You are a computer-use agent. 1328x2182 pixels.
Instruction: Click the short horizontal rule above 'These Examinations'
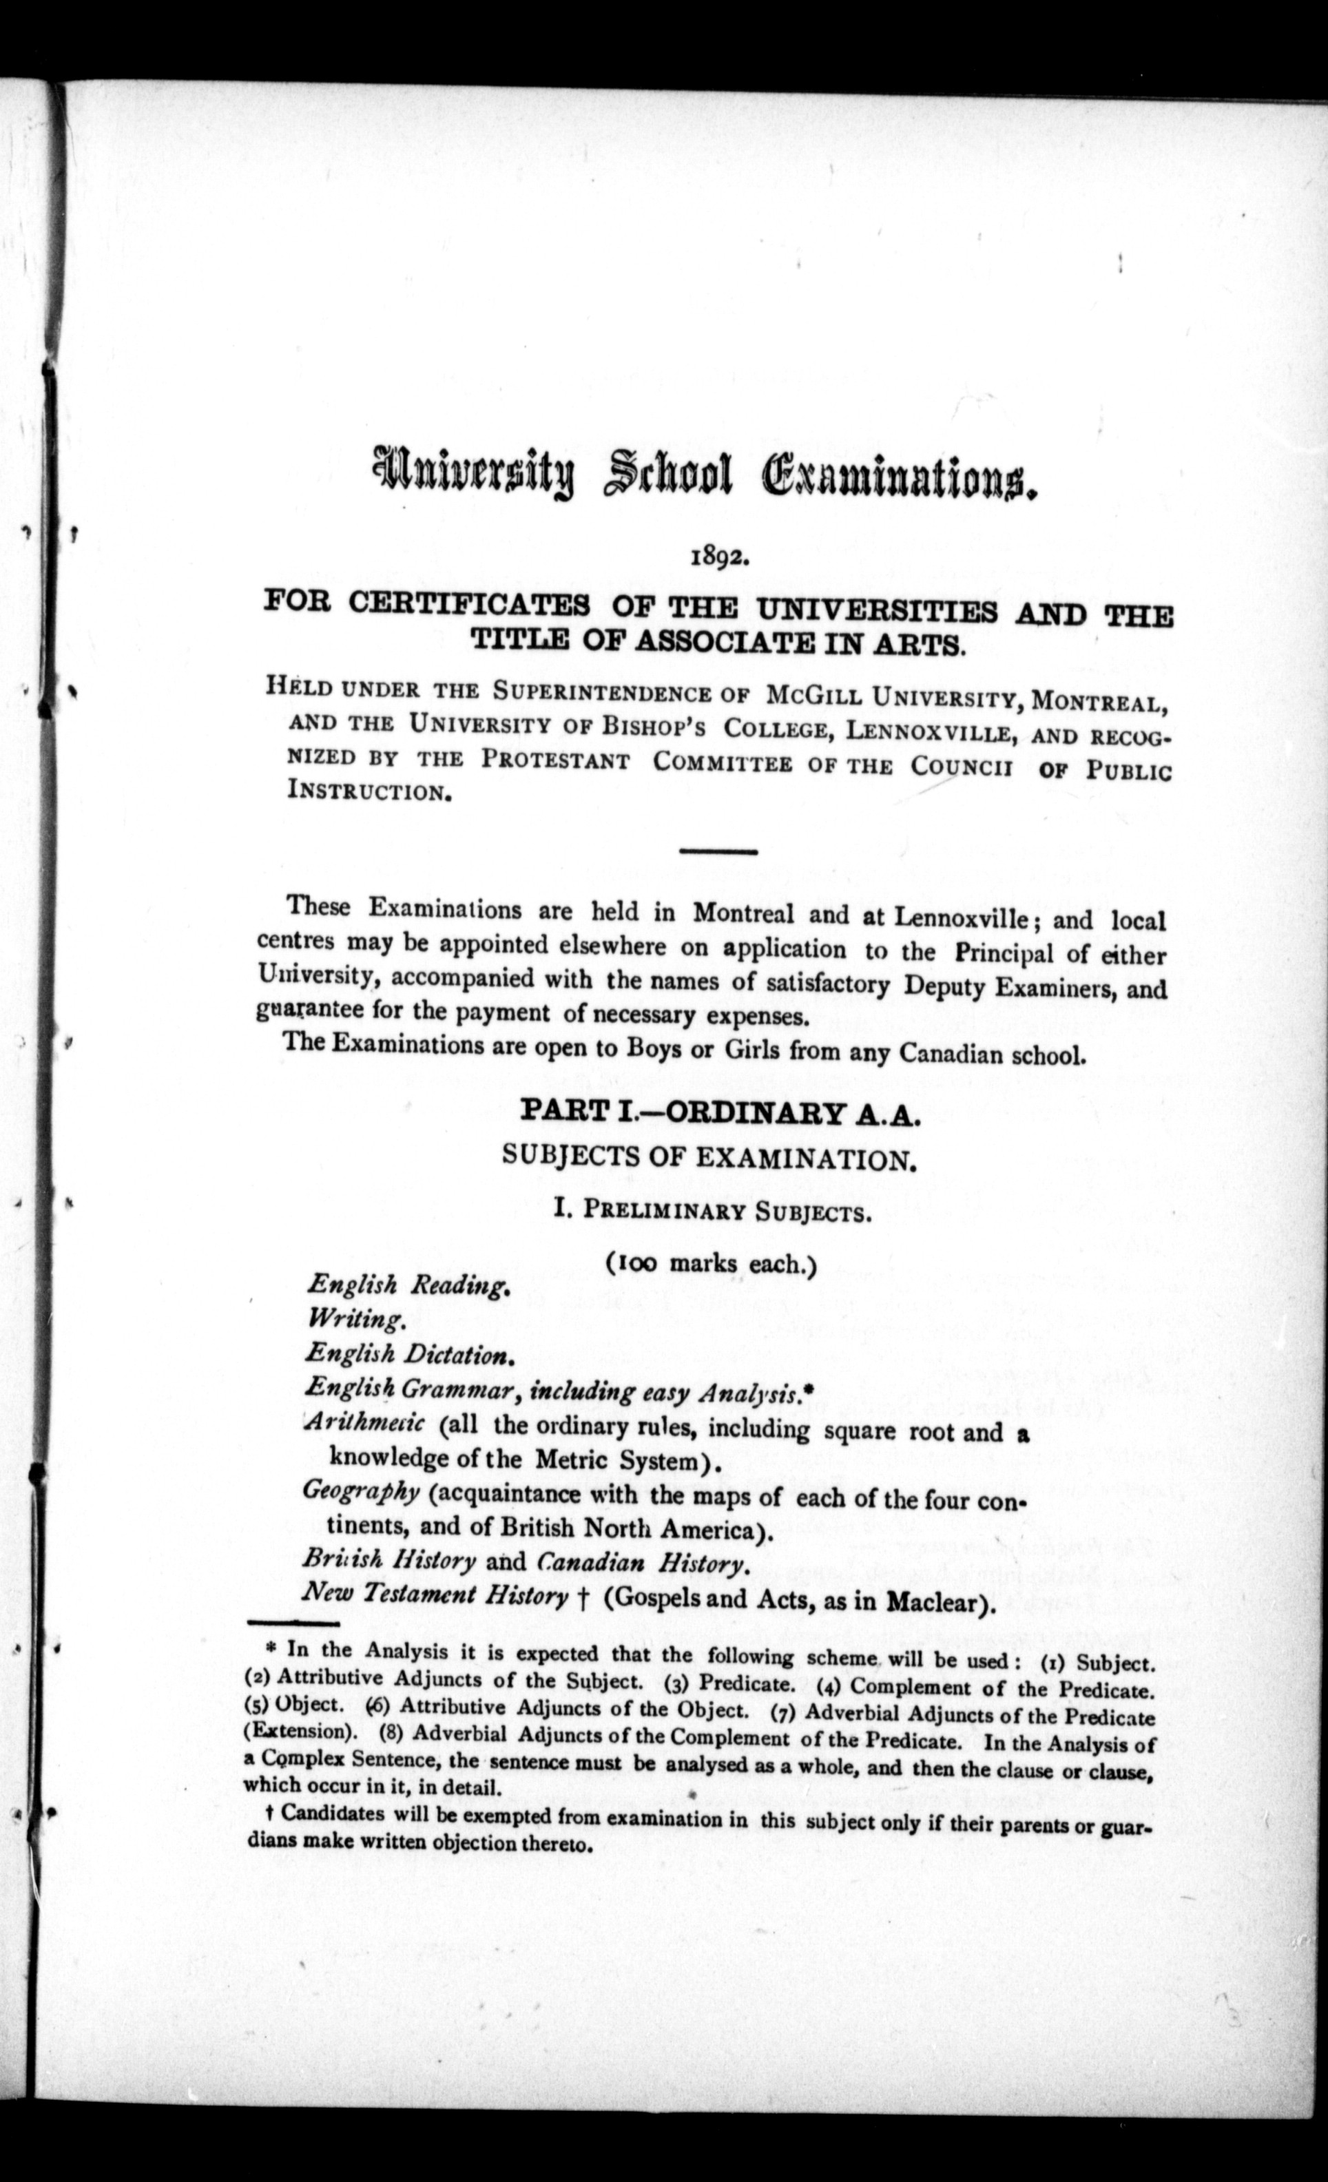point(717,852)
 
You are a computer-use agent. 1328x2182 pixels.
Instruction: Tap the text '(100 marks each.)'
point(711,1264)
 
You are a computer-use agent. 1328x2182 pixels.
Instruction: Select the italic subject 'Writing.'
point(356,1320)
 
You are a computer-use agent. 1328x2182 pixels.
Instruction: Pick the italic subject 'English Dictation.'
point(409,1355)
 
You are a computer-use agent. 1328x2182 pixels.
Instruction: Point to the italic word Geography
point(361,1491)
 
